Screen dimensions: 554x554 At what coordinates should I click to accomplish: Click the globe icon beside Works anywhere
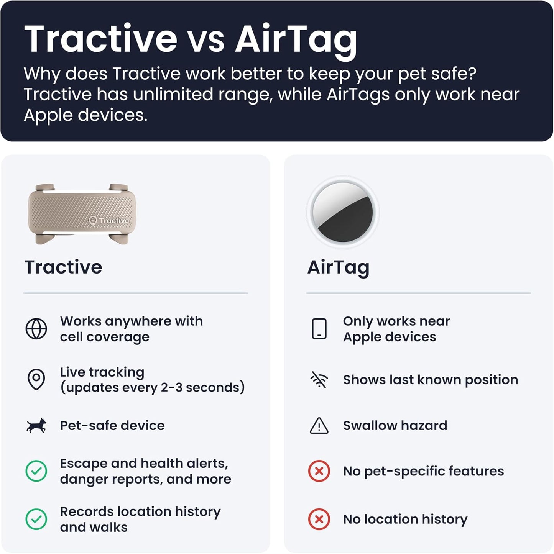[36, 329]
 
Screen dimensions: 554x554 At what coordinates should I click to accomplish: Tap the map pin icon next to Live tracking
[36, 379]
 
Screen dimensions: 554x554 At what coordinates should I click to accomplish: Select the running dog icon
[36, 426]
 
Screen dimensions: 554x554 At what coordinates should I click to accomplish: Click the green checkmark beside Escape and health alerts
[36, 471]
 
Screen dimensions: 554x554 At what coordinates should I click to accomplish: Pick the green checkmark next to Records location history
[36, 519]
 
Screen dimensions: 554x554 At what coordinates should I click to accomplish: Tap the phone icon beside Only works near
[319, 329]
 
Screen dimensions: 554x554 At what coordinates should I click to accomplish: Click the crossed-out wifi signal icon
[319, 380]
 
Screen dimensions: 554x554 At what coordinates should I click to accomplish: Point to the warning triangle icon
[319, 426]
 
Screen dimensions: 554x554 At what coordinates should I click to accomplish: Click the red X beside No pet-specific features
[319, 471]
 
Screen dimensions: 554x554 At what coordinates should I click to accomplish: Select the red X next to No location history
[319, 519]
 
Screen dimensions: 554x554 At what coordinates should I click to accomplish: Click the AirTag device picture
[342, 212]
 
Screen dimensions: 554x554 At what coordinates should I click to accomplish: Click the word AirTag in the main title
[296, 39]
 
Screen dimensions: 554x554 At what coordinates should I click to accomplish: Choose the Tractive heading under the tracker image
[63, 267]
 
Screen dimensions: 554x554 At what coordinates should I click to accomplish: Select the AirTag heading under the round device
[338, 267]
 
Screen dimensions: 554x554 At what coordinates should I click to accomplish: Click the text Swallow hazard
[395, 426]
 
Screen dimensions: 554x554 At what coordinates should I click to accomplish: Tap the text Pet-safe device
[112, 426]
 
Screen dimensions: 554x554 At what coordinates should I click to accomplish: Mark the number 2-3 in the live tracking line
[171, 387]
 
